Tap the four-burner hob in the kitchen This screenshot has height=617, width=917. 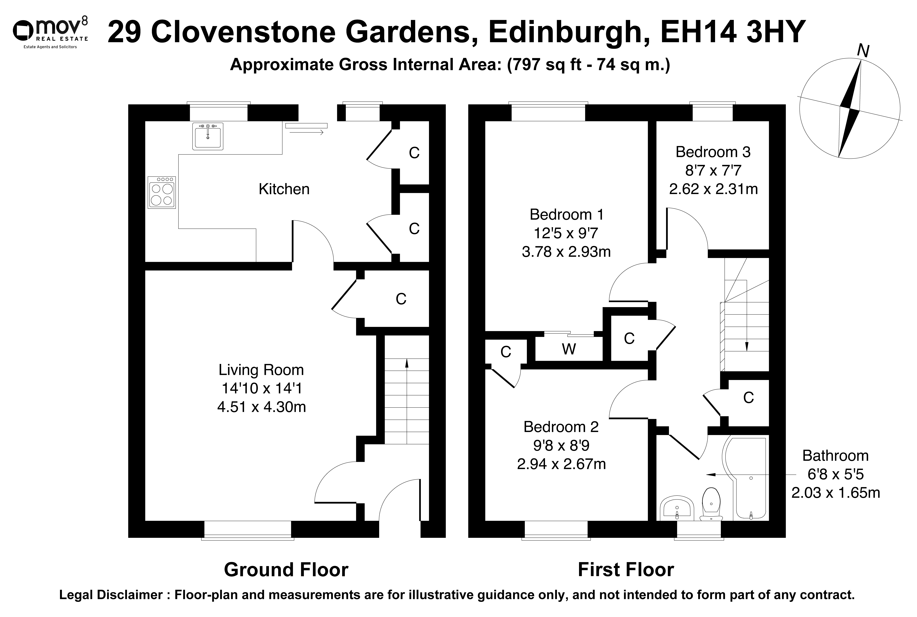[162, 192]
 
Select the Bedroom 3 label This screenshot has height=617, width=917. [713, 152]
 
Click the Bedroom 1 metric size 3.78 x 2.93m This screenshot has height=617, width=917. [566, 251]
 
